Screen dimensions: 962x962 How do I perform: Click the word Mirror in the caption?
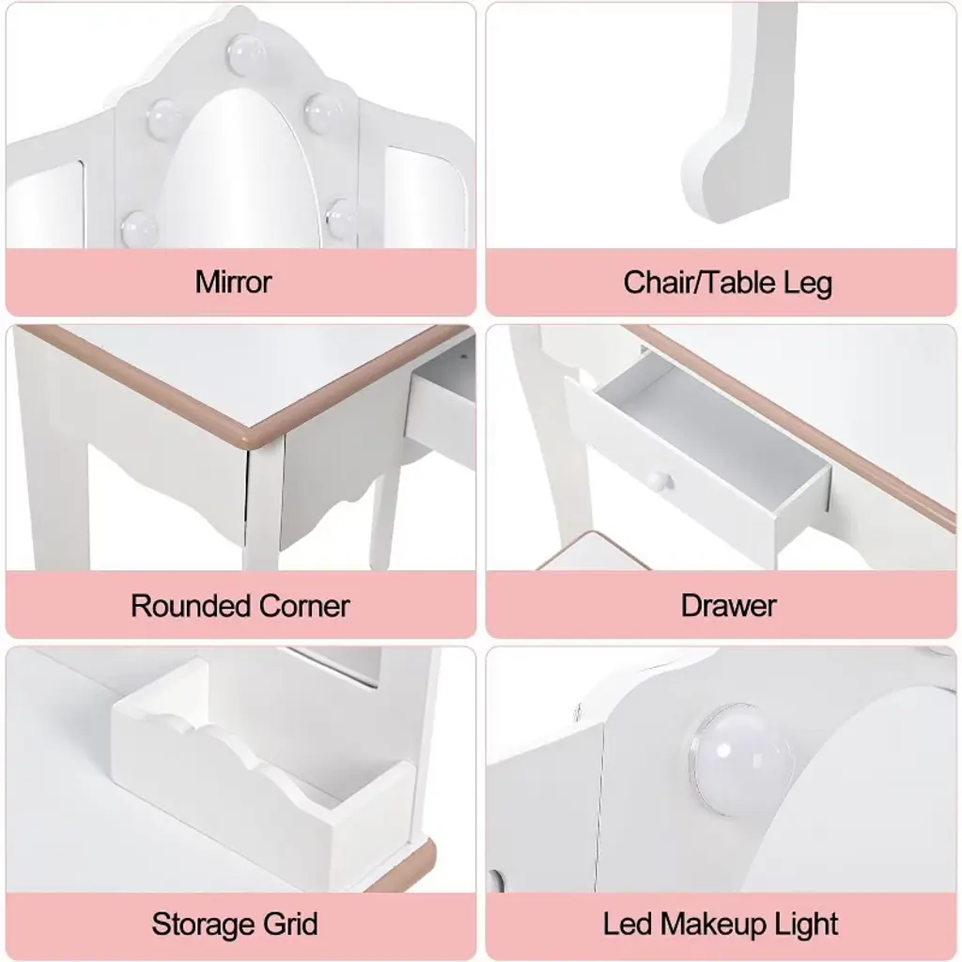pos(233,282)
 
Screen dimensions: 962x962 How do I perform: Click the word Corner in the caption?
pos(304,606)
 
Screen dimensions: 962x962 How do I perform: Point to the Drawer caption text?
pos(728,606)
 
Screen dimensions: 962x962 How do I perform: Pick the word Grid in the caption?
pos(290,923)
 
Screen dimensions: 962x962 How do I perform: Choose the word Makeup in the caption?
pos(710,924)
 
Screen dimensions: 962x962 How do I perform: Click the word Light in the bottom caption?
pos(804,924)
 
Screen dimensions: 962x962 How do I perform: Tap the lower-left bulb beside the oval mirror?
pos(140,227)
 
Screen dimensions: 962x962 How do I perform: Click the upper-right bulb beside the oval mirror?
pos(323,111)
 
